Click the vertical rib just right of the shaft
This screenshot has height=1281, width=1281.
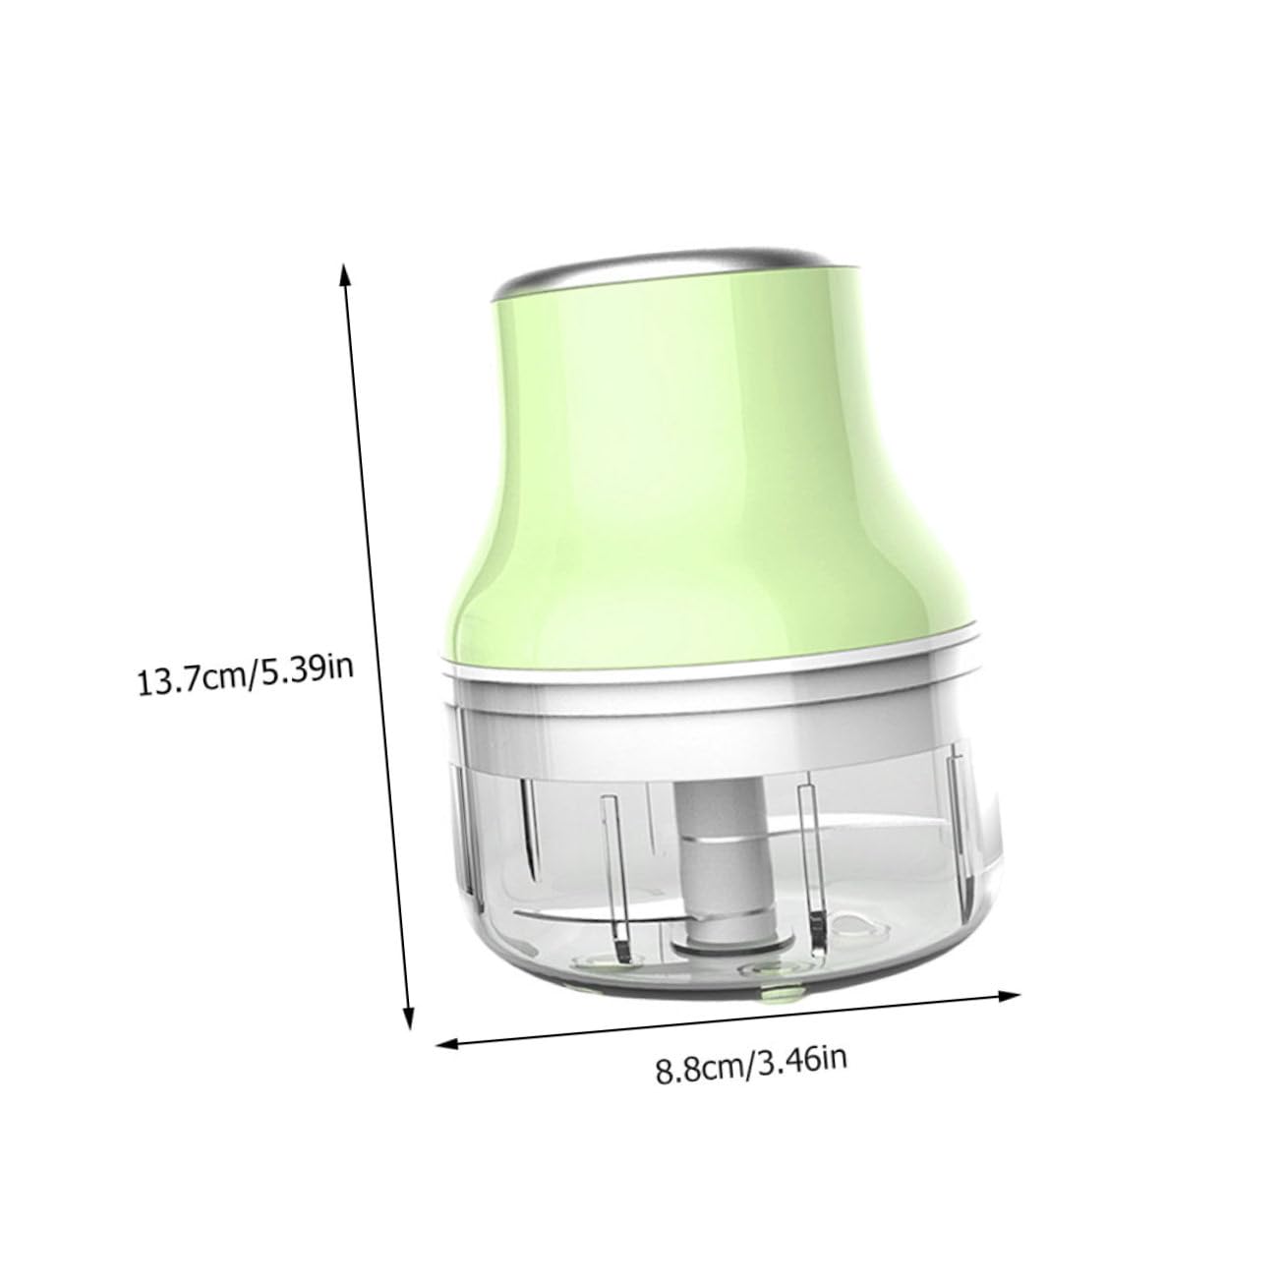click(811, 865)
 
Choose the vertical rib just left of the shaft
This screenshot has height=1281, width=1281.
click(611, 865)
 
